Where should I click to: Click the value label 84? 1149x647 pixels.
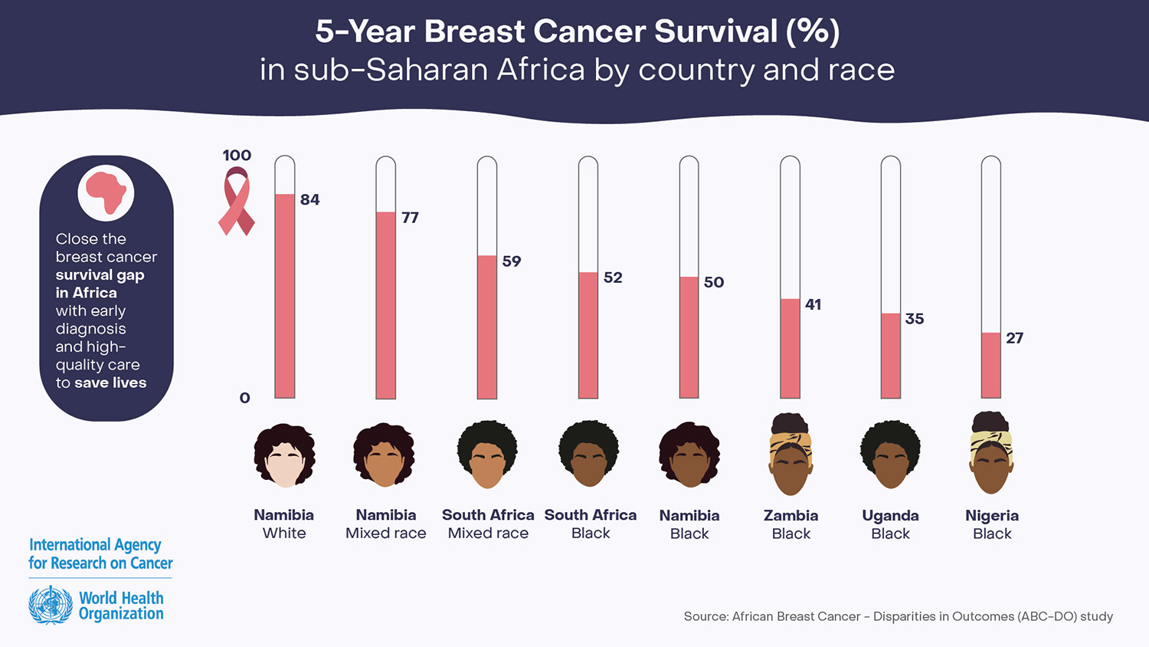pyautogui.click(x=309, y=200)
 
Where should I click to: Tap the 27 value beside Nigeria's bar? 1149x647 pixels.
pyautogui.click(x=1014, y=338)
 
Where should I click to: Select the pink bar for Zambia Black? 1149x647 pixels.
pyautogui.click(x=790, y=348)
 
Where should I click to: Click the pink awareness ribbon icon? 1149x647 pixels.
pyautogui.click(x=236, y=203)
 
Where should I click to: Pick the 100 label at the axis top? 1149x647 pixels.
pyautogui.click(x=237, y=156)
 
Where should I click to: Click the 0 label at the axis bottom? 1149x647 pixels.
pyautogui.click(x=244, y=398)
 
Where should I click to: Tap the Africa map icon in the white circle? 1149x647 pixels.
pyautogui.click(x=106, y=192)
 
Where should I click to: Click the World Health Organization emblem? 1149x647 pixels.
pyautogui.click(x=51, y=605)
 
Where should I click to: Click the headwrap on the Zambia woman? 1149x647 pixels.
pyautogui.click(x=791, y=444)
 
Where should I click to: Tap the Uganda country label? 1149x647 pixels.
pyautogui.click(x=890, y=515)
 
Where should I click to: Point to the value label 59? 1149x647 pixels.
pyautogui.click(x=512, y=261)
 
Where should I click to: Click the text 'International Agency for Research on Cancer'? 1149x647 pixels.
pyautogui.click(x=100, y=553)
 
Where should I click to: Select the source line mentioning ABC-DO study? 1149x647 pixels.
pyautogui.click(x=898, y=616)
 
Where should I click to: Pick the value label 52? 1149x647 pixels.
pyautogui.click(x=613, y=278)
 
